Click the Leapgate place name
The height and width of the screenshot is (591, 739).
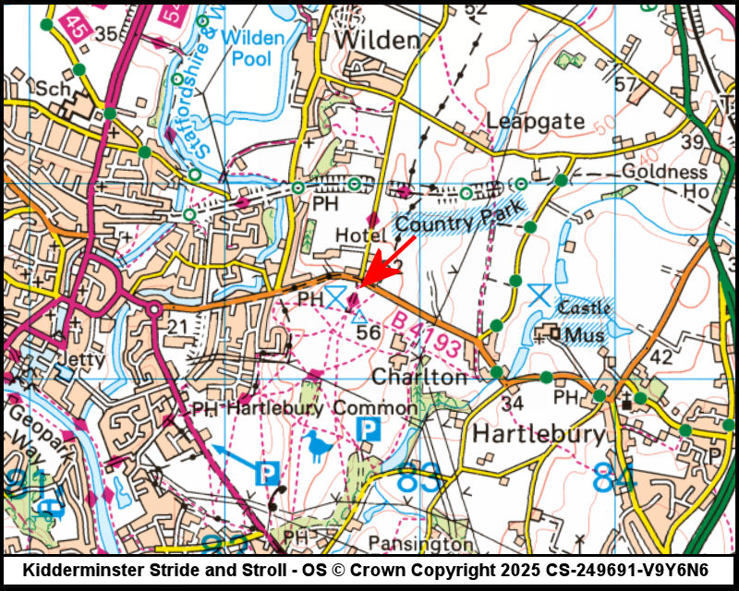(536, 121)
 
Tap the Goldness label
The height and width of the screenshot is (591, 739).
(664, 172)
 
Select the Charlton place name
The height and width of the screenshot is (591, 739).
(419, 378)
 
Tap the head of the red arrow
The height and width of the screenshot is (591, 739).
(360, 284)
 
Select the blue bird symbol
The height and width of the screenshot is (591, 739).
(320, 445)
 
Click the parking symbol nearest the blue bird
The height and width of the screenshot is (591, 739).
(369, 428)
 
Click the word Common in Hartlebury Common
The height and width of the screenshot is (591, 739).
(375, 407)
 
